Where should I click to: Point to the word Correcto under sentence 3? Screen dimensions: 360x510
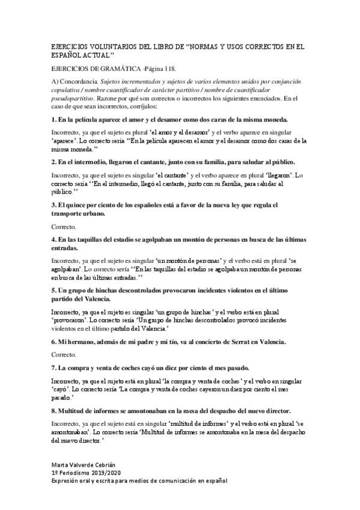tap(63, 227)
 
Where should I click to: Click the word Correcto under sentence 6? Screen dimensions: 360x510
tap(63, 355)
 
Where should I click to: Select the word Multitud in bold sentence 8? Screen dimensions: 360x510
tap(73, 411)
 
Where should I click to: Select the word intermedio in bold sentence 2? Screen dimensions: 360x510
tap(99, 162)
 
